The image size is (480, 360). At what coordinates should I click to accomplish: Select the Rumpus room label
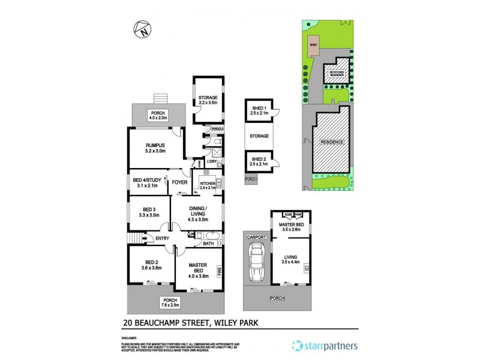[155, 148]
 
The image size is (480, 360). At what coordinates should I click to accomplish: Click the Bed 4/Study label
[147, 182]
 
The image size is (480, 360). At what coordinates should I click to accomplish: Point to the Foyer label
[180, 182]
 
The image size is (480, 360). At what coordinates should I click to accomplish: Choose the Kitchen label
[208, 185]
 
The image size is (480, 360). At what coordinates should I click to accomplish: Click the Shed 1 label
[259, 109]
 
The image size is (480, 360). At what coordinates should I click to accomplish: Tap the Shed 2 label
[259, 160]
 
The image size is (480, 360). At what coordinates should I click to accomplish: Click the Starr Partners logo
[324, 346]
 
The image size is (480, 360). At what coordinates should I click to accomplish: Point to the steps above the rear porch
[160, 98]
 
